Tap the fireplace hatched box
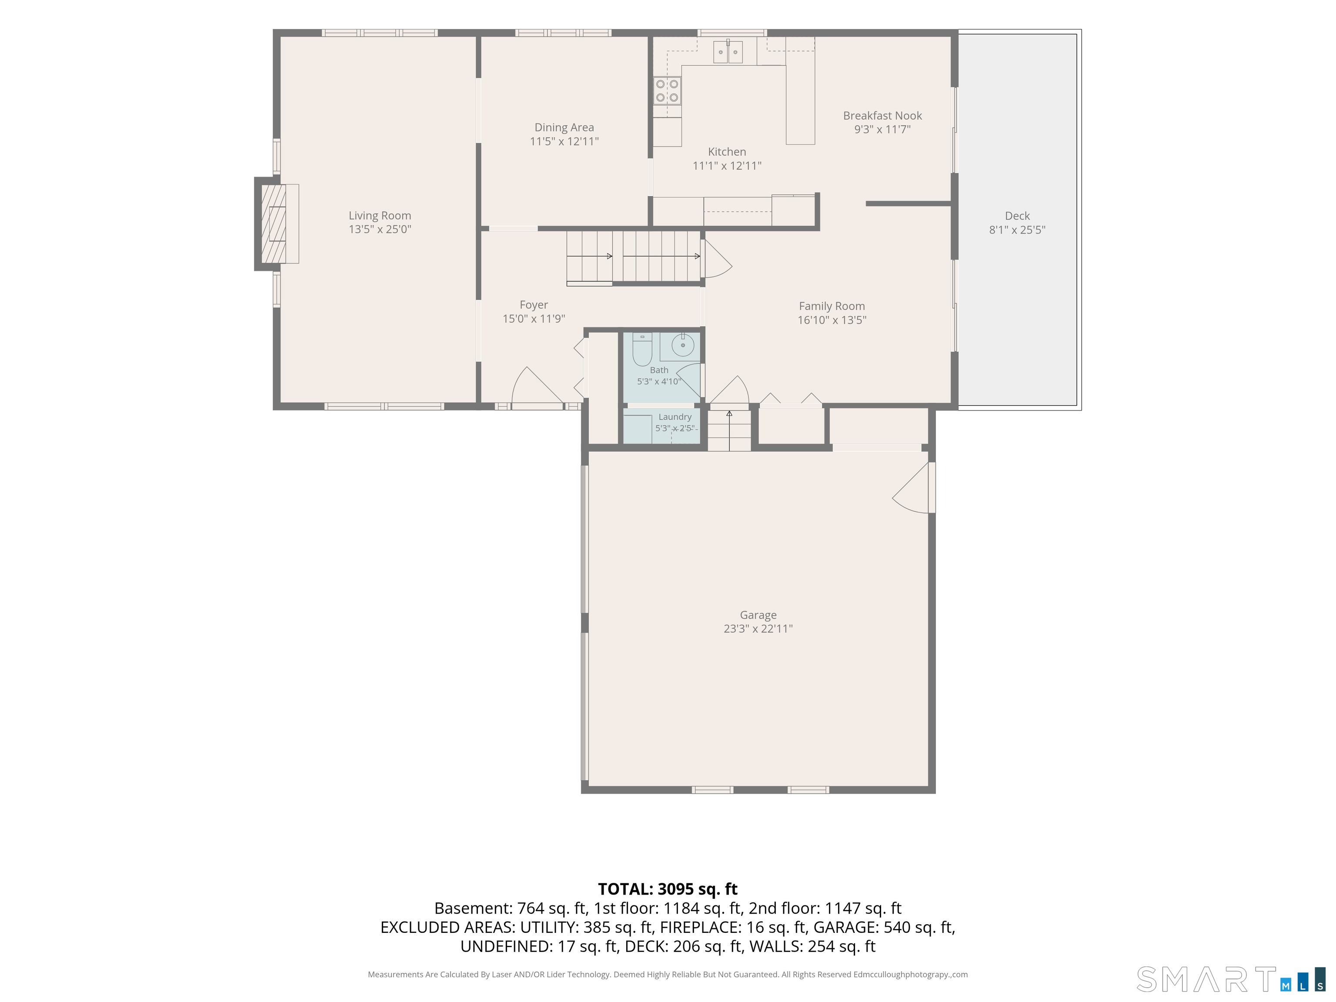[274, 224]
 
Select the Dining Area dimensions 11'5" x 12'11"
[564, 141]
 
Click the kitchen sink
[728, 52]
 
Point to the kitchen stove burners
[667, 90]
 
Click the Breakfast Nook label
[882, 115]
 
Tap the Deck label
[1017, 216]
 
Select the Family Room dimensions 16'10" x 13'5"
[832, 320]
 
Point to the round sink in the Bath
[683, 345]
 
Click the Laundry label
[675, 417]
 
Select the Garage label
[758, 615]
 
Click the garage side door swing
[912, 488]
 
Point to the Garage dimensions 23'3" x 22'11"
[758, 629]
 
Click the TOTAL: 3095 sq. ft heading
[668, 889]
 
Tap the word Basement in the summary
[473, 908]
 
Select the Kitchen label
[727, 152]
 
